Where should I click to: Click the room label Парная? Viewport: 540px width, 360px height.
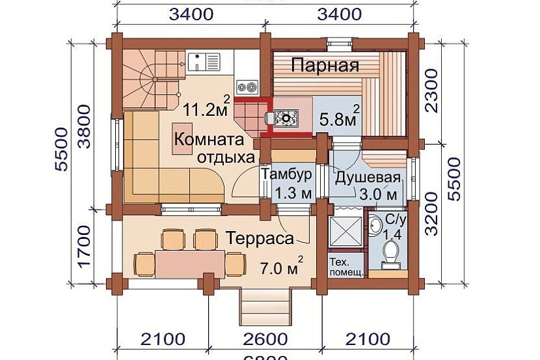325,66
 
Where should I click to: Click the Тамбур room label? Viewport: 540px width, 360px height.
286,175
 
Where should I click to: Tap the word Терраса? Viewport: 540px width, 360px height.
260,239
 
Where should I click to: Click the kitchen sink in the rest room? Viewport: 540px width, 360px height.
205,63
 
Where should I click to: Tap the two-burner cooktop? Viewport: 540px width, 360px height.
247,85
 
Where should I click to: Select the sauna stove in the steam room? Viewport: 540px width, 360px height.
286,118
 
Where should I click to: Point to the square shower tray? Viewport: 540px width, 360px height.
344,231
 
